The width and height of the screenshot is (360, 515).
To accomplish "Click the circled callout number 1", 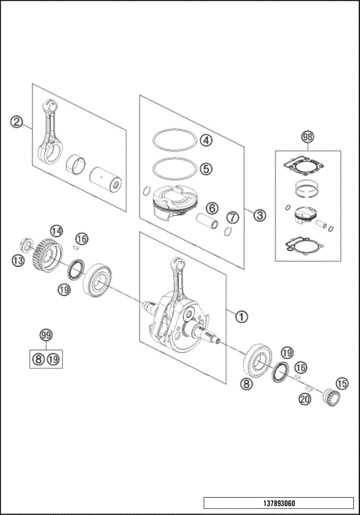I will point(241,316).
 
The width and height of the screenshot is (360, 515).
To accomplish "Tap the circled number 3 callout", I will point(259,216).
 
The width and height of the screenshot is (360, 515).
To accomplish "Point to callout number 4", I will point(205,140).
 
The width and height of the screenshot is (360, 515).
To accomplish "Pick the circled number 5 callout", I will point(205,168).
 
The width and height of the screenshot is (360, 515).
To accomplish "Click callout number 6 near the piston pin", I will point(212,208).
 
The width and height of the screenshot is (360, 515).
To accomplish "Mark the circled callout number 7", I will point(233,217).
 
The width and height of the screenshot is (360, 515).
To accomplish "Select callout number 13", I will point(18,260).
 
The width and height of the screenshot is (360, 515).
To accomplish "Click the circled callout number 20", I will point(304,400).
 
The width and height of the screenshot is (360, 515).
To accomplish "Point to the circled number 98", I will point(307,137).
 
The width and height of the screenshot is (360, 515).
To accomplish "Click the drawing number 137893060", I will point(277,503).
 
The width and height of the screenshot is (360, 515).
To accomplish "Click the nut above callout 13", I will point(24,245).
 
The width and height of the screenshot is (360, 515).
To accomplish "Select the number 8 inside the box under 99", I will point(37,360).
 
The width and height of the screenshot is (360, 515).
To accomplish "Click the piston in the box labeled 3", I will point(174,202).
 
